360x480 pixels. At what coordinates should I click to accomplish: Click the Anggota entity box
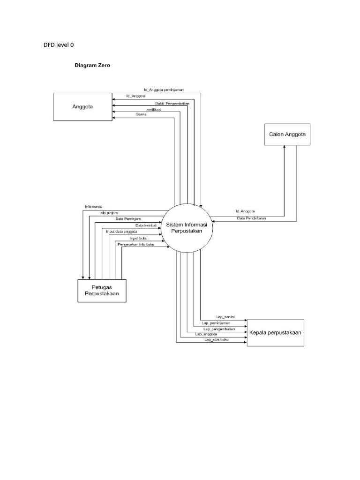coord(82,106)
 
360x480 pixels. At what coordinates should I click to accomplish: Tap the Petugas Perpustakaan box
coord(102,290)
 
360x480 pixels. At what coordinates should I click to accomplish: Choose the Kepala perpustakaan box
coord(275,332)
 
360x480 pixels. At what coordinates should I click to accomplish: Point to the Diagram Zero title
coord(91,66)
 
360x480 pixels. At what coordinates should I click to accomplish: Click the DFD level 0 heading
coord(59,45)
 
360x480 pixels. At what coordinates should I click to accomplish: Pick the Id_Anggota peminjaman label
coord(164,89)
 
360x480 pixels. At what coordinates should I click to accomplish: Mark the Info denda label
coord(94,206)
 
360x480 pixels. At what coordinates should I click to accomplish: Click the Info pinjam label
coord(109,213)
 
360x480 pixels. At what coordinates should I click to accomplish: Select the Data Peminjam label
coord(128,219)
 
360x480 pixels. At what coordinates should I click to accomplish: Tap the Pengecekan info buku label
coord(136,244)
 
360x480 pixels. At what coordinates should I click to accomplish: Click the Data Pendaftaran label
coord(251,218)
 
